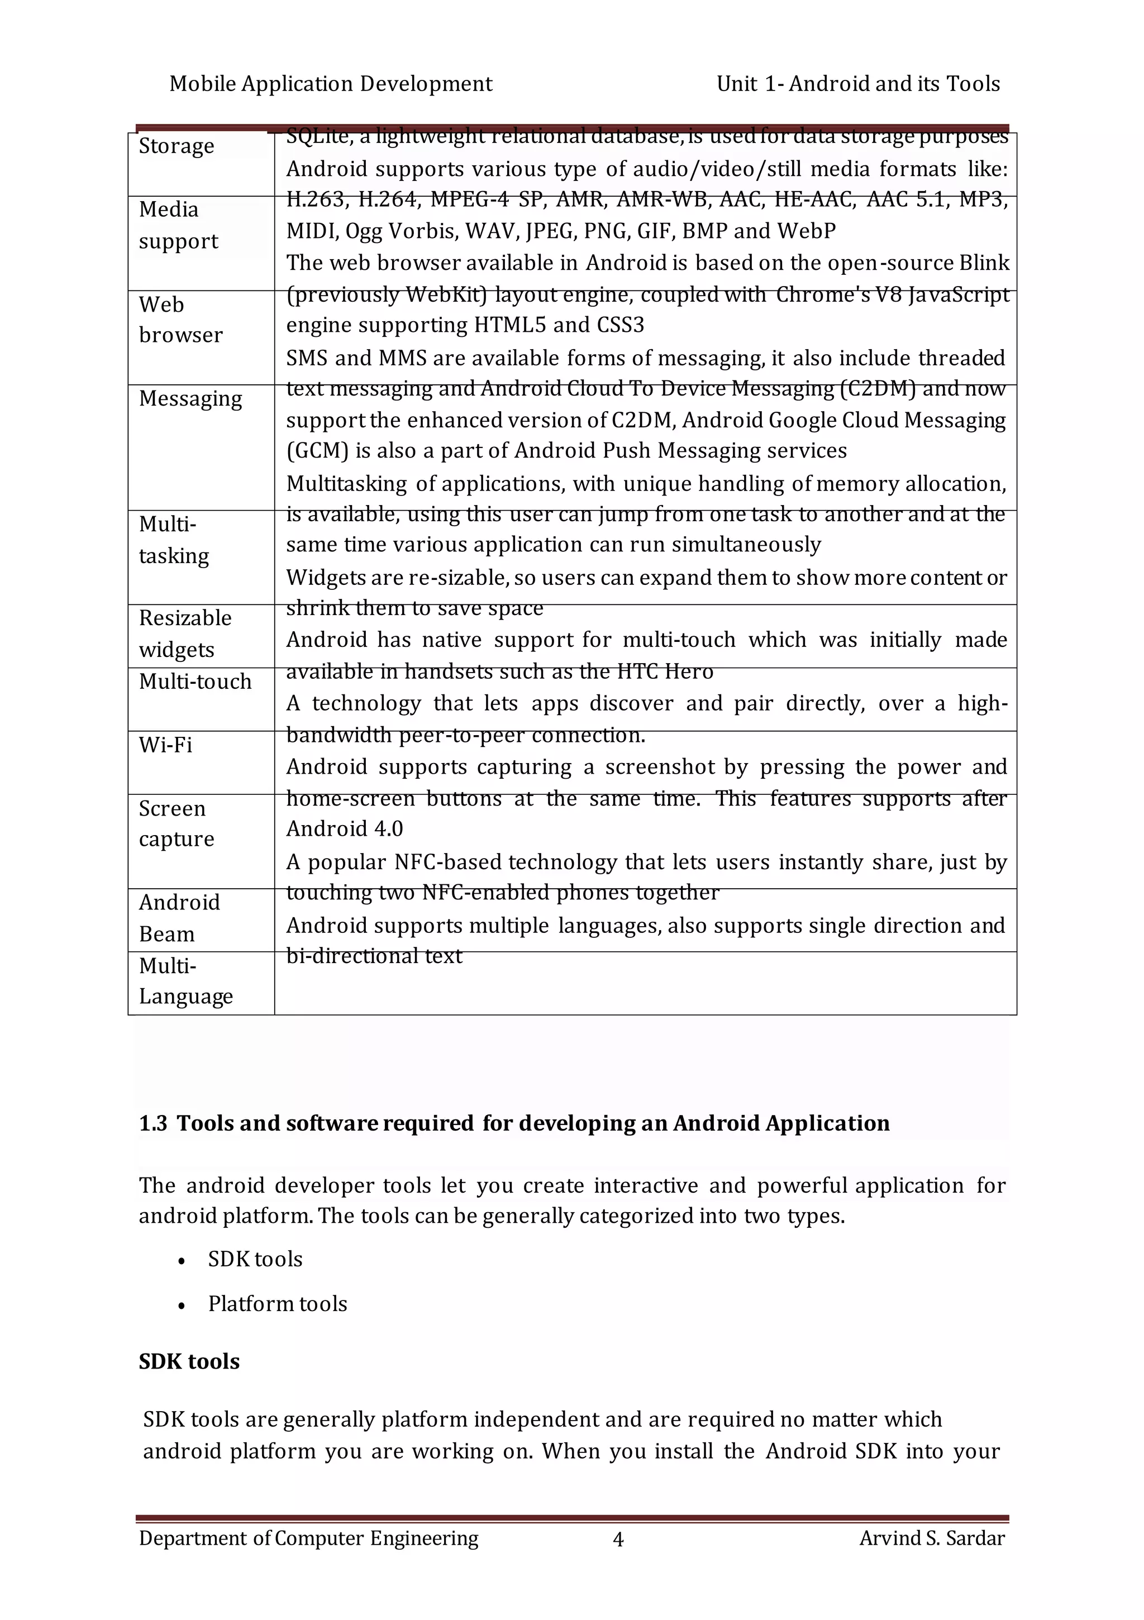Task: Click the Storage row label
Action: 177,146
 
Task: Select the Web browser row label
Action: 180,320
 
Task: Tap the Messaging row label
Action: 190,399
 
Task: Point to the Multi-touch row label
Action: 196,682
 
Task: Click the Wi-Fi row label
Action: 166,745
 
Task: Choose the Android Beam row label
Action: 179,918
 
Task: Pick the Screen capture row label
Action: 177,823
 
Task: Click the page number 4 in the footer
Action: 618,1539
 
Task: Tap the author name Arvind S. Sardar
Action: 932,1538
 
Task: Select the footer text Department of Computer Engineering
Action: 308,1538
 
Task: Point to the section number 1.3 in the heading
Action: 152,1123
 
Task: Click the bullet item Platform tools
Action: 278,1304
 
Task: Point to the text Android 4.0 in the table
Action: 345,829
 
